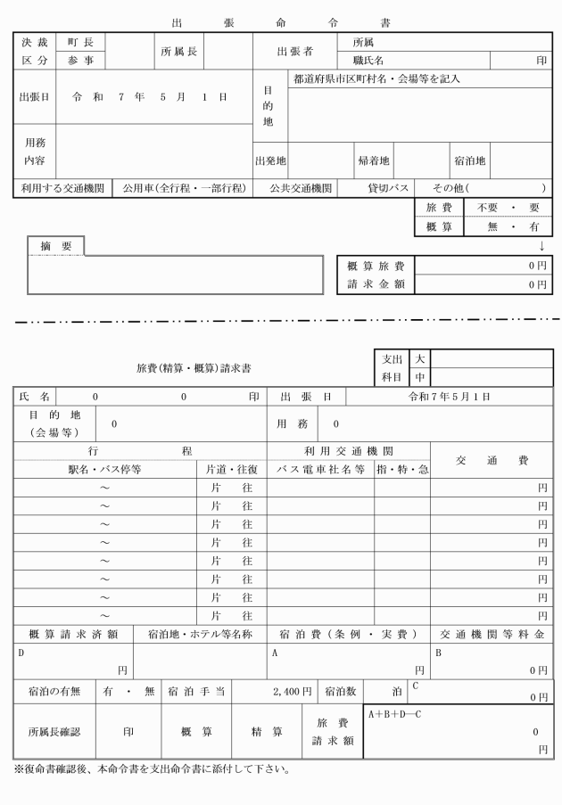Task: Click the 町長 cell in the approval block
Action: tap(81, 42)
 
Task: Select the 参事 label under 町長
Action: tap(81, 60)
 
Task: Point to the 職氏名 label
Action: tap(368, 61)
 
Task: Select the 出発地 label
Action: tap(270, 161)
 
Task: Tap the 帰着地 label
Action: tap(373, 161)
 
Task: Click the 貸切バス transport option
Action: tap(388, 188)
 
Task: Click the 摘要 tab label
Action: tap(55, 246)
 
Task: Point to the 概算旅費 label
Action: tap(376, 266)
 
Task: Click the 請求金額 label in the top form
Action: tap(376, 284)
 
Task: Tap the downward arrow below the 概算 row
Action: tap(541, 245)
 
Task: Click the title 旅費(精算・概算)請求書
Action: tap(194, 367)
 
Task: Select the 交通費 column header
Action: tap(492, 460)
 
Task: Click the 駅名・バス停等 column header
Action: tap(105, 469)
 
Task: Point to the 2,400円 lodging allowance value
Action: tap(293, 690)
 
